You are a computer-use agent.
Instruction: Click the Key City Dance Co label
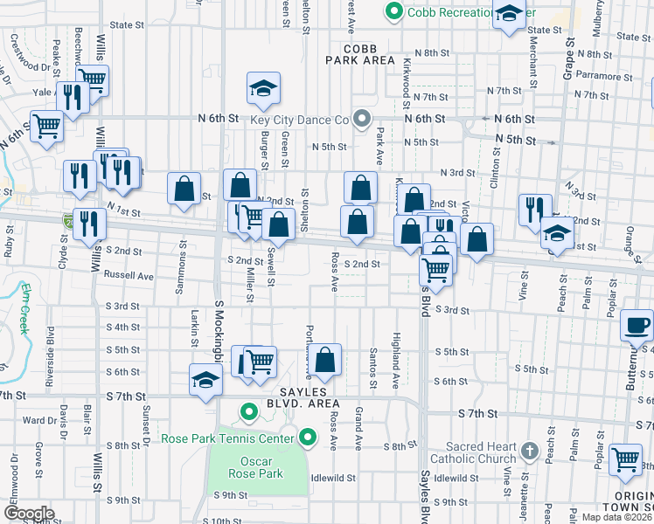click(x=304, y=121)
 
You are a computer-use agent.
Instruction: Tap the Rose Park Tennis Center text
click(x=232, y=438)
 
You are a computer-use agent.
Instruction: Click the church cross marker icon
click(x=528, y=451)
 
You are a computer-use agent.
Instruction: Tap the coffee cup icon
click(x=637, y=326)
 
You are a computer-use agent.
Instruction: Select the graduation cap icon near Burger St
click(x=261, y=88)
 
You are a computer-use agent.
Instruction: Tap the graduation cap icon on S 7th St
click(x=205, y=381)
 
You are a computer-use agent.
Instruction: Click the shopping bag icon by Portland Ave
click(x=325, y=360)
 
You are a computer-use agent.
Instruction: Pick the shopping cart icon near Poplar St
click(x=625, y=458)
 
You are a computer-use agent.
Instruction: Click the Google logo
click(x=28, y=514)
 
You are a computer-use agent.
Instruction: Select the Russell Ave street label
click(x=129, y=275)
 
